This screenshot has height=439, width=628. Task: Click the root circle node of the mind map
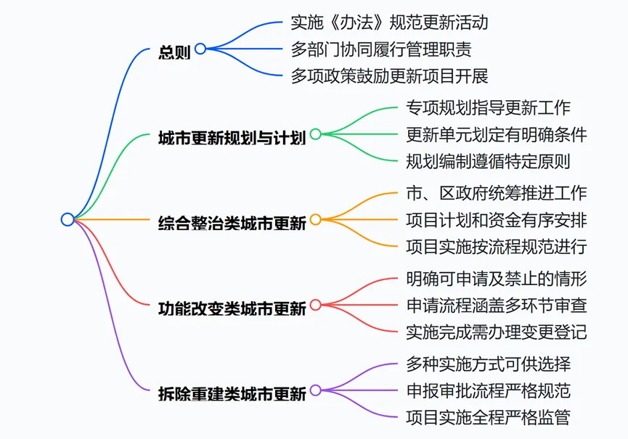tap(68, 219)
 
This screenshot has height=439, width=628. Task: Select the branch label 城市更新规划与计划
tap(231, 136)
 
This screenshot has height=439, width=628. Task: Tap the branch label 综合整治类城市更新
tap(231, 221)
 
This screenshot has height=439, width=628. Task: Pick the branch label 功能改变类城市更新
tap(231, 307)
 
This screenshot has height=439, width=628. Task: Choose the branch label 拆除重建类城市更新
tap(231, 393)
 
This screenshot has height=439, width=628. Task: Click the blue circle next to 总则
tap(200, 49)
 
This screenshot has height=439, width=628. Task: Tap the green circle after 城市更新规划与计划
tap(316, 134)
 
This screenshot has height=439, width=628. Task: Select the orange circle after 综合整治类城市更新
tap(316, 219)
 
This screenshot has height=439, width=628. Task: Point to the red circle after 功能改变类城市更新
tap(316, 305)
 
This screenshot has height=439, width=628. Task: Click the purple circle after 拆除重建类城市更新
tap(316, 390)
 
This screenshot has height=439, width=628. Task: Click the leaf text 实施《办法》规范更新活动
tap(389, 22)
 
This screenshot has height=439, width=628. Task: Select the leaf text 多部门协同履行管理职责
tap(380, 49)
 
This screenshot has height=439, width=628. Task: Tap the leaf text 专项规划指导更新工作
tap(488, 107)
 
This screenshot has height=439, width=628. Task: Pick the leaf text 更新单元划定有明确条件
tap(497, 134)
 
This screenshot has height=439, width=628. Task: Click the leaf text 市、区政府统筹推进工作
tap(497, 193)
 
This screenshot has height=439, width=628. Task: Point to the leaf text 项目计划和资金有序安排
tap(497, 219)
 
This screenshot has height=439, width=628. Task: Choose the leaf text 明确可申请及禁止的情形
tap(497, 278)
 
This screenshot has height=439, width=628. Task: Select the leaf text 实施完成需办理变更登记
tap(497, 332)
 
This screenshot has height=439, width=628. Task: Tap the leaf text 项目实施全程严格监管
tap(488, 417)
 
